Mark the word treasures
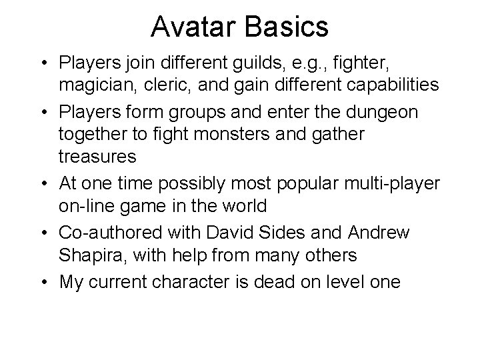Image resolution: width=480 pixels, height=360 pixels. (97, 157)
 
